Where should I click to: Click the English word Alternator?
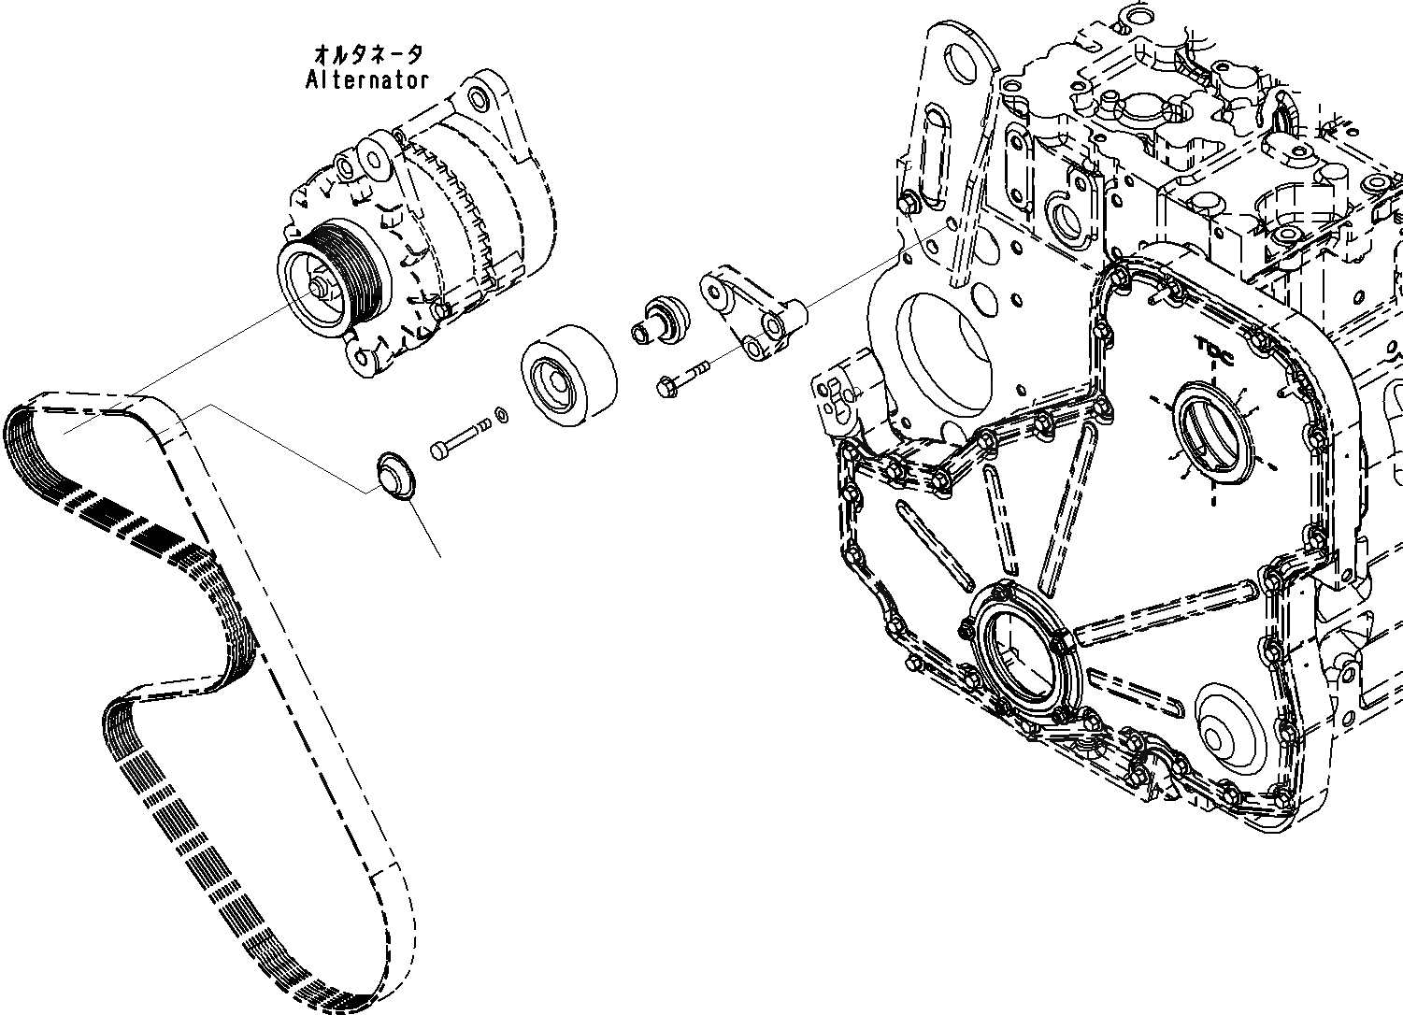pyautogui.click(x=367, y=80)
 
